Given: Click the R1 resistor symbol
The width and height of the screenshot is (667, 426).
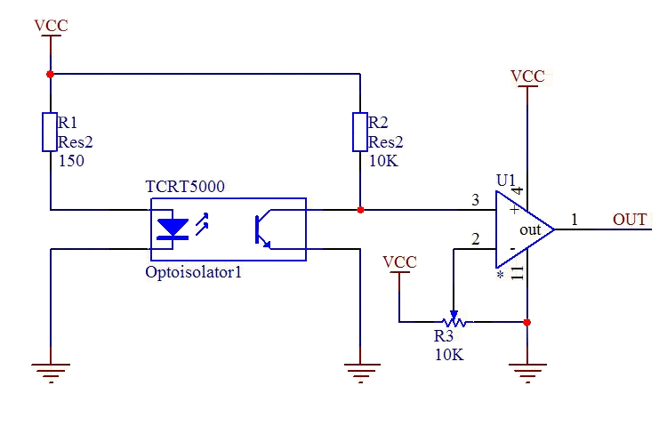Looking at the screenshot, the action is click(x=50, y=132).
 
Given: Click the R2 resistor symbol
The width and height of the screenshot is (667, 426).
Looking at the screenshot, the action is click(x=360, y=132).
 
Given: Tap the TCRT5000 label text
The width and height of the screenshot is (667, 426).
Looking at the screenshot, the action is click(x=185, y=187).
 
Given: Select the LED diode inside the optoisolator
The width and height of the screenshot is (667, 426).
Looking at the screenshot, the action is click(x=173, y=229).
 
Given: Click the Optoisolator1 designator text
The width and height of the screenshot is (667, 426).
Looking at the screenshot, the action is click(x=194, y=272).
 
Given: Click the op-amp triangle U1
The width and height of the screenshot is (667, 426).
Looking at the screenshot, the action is click(x=525, y=229).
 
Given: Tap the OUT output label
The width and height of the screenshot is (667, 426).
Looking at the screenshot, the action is click(x=630, y=220).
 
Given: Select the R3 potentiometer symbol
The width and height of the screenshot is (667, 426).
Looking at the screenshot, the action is click(x=454, y=320).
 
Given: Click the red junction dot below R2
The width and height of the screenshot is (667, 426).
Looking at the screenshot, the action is click(x=360, y=210).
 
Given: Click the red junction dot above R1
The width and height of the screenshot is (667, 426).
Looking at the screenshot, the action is click(x=50, y=74).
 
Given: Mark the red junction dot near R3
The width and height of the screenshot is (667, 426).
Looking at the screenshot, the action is click(x=527, y=322).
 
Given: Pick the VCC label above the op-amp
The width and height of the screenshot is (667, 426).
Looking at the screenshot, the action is click(x=527, y=76).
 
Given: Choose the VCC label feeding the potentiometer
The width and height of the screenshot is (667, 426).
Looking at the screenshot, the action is click(x=399, y=262).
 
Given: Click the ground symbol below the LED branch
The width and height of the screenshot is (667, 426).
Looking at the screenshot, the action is click(x=51, y=373).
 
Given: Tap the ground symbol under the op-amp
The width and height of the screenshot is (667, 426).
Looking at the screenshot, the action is click(x=527, y=373).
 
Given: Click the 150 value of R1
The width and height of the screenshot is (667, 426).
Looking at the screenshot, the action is click(x=71, y=161).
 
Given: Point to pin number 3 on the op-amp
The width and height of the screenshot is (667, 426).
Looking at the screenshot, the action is click(x=475, y=199).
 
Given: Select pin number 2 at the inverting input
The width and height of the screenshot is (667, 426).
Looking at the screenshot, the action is click(x=475, y=239).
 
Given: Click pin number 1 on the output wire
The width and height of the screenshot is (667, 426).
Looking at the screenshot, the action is click(x=575, y=219).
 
